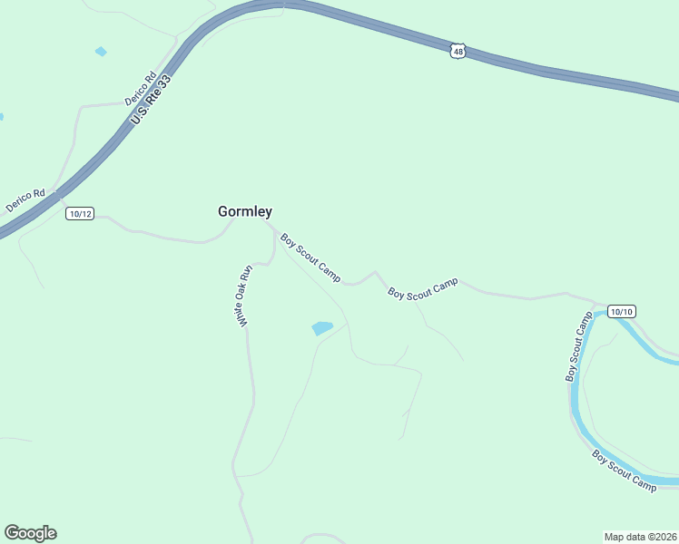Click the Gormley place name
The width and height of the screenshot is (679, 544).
tap(244, 211)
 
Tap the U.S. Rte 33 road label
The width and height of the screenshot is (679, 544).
tap(152, 99)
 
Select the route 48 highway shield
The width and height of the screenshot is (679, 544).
tap(458, 51)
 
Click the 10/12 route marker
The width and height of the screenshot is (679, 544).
tap(80, 213)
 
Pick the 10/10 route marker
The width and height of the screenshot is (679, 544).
tap(622, 311)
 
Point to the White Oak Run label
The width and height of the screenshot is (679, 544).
tap(243, 296)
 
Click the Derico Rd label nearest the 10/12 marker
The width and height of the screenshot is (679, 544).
tap(25, 200)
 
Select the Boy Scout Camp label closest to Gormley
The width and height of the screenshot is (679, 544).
tap(310, 257)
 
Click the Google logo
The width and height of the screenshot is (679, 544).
tap(30, 533)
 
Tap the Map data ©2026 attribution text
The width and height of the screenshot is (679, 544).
tap(641, 536)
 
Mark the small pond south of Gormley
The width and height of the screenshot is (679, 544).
tap(321, 328)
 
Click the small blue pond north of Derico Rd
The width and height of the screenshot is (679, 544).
tap(101, 52)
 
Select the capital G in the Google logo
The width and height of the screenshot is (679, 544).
tap(12, 533)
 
